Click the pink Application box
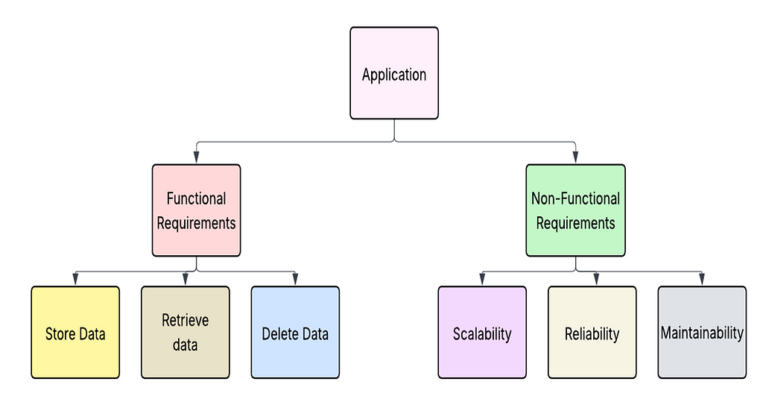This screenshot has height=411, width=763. point(394,73)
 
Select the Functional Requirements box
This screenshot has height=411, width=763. point(196,210)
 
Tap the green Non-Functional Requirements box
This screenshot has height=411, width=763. point(576,210)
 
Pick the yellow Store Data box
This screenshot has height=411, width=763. point(75,332)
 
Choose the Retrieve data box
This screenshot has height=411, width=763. point(186,332)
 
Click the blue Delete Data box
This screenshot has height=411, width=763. point(295,332)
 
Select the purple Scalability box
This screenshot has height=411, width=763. point(482,332)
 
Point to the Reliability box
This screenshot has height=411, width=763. point(592,332)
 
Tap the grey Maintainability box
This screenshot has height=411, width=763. point(702,332)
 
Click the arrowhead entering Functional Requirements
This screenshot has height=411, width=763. point(196,157)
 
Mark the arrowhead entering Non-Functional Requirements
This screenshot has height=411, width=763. point(576,157)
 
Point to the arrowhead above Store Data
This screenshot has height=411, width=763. point(75,279)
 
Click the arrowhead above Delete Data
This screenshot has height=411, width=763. point(295,279)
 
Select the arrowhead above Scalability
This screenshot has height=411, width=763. point(482,279)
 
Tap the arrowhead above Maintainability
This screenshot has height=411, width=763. point(702,279)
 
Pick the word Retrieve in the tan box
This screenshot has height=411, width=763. point(186,321)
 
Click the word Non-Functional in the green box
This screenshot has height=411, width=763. point(576,198)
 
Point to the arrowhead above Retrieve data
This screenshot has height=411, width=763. point(186,279)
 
